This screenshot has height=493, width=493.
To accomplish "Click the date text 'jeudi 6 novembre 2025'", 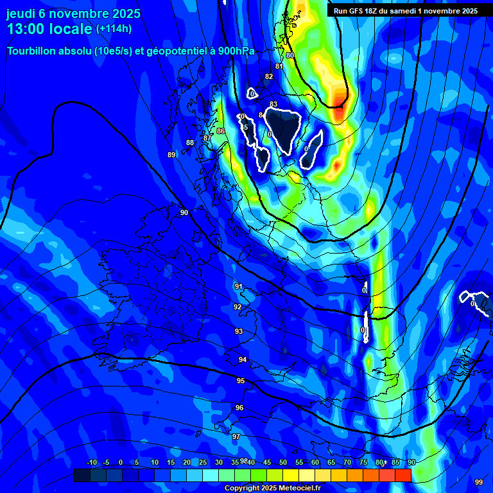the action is click(x=73, y=13).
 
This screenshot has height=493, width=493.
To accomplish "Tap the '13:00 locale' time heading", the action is click(x=49, y=29).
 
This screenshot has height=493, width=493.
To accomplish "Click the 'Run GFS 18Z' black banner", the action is click(x=405, y=11).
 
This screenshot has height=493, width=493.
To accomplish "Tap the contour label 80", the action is click(x=290, y=56).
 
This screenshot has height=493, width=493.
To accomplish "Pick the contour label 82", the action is click(x=269, y=77).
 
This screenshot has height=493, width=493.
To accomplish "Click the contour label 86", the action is click(x=221, y=131).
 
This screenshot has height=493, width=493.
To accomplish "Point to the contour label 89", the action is click(x=171, y=155).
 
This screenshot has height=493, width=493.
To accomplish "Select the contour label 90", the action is click(x=184, y=212).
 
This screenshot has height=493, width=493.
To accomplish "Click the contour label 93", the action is click(x=239, y=331).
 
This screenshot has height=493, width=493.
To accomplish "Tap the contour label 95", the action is click(x=241, y=381).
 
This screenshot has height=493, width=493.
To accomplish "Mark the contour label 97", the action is click(x=236, y=437).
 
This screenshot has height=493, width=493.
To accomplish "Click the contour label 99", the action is click(x=478, y=482).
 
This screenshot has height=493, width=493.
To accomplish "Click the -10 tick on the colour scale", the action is click(x=91, y=463).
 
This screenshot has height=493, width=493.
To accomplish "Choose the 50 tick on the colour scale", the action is click(x=283, y=463).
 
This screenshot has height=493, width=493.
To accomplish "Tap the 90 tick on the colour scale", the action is click(x=411, y=463).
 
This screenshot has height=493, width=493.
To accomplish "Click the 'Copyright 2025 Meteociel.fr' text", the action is click(x=273, y=488).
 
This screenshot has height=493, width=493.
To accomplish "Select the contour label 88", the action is click(x=190, y=143).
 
